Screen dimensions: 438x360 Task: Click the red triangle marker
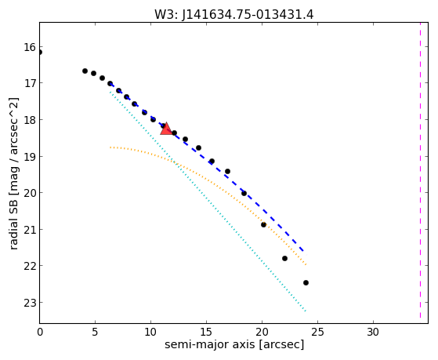coord(166,129)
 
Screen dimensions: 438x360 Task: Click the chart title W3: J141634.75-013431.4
coord(234,14)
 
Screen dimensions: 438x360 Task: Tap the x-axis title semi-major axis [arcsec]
coord(234,344)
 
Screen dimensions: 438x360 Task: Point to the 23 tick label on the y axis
coord(30,303)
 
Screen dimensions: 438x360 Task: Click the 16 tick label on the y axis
coord(30,47)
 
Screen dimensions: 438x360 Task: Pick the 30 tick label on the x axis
coord(373,332)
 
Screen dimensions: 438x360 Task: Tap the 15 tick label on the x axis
coord(206,332)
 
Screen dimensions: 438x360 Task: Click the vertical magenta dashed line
coord(420,170)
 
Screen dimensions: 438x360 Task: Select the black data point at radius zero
coord(40,53)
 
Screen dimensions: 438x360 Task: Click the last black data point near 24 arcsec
coord(306,283)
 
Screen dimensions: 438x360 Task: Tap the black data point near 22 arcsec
coord(284,259)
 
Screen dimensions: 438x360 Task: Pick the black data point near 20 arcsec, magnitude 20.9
coord(263,224)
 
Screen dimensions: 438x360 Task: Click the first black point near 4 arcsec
coord(85,71)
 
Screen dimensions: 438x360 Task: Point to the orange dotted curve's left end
coord(110,147)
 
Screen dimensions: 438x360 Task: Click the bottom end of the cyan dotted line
coord(306,311)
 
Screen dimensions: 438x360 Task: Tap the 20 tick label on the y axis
coord(30,193)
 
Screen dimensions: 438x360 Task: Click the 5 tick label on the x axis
coord(95,332)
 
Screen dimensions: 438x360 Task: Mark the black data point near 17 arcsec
coord(228,172)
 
